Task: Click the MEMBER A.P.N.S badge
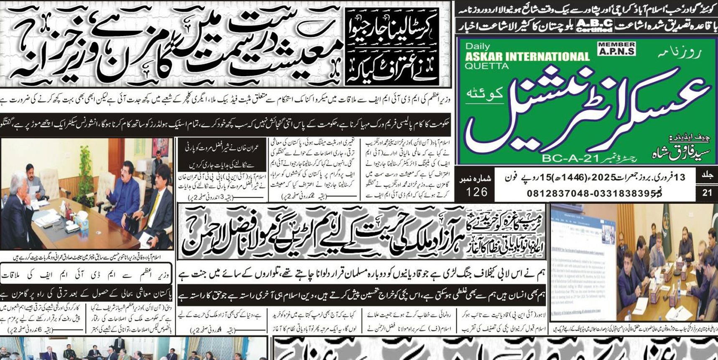click(616, 49)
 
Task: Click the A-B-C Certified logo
click(594, 26)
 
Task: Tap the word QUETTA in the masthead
click(486, 66)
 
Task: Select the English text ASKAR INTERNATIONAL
click(527, 56)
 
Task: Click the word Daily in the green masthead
click(477, 46)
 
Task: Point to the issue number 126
click(476, 192)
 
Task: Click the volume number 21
click(707, 193)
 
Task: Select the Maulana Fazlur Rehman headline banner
click(362, 232)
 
